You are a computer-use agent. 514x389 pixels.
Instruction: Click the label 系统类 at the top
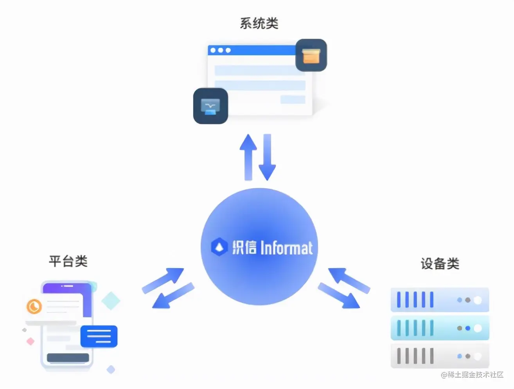click(x=259, y=23)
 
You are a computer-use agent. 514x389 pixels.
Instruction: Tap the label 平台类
click(x=68, y=261)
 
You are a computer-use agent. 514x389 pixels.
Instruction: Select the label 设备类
click(x=440, y=264)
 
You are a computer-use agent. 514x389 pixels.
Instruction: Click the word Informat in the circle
click(x=287, y=248)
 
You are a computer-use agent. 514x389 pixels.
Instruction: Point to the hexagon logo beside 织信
click(x=219, y=247)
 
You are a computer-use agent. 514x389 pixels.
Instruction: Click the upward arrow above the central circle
click(x=248, y=157)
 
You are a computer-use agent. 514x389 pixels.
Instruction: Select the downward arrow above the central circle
click(x=267, y=157)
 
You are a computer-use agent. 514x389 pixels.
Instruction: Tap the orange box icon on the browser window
click(x=311, y=55)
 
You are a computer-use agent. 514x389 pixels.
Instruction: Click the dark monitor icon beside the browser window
click(x=210, y=106)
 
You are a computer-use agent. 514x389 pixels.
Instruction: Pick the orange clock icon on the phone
click(x=34, y=306)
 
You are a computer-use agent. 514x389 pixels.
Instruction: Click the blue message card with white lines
click(x=99, y=336)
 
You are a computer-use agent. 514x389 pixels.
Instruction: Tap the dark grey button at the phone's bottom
click(x=68, y=358)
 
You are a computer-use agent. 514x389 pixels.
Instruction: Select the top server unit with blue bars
click(x=440, y=300)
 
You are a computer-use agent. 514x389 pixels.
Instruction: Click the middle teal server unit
click(x=440, y=328)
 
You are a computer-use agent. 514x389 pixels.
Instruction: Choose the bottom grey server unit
click(x=440, y=356)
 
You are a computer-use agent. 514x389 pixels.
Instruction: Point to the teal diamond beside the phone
click(x=111, y=301)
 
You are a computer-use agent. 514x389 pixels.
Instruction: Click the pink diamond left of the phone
click(x=31, y=341)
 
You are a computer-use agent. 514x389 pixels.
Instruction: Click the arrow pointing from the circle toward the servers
click(x=339, y=295)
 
